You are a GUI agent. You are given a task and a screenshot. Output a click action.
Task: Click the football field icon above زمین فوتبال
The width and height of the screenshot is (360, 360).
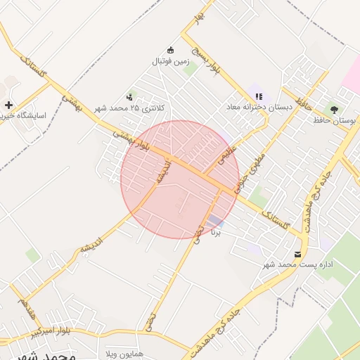[x=169, y=50]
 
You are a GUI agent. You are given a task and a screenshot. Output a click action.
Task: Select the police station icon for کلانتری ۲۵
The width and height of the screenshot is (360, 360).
[x=129, y=97]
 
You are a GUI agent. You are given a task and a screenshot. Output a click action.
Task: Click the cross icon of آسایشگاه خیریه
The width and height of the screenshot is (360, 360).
[x=8, y=105]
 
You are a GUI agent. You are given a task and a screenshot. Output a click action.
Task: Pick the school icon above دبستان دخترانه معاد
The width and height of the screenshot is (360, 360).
[x=258, y=96]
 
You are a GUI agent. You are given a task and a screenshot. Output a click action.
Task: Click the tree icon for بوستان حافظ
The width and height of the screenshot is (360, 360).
[x=334, y=109]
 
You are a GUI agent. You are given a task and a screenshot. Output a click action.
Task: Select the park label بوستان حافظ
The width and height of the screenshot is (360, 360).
[x=336, y=121]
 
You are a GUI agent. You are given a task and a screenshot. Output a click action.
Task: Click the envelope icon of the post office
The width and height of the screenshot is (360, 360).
[x=297, y=253]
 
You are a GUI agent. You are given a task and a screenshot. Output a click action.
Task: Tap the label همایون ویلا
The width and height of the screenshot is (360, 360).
[x=124, y=352]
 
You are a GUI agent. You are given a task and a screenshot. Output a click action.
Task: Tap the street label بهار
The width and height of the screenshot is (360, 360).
[x=200, y=15]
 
